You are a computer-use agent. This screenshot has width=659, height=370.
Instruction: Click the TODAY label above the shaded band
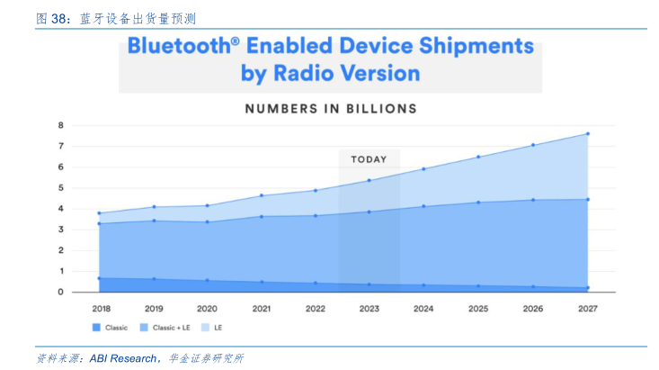point(369,159)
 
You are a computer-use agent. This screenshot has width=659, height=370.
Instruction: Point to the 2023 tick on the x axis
point(369,309)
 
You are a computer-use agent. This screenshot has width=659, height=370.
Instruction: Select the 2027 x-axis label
point(587,309)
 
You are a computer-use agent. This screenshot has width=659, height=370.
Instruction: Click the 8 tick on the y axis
point(61,125)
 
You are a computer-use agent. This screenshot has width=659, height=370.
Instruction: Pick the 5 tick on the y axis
point(61,188)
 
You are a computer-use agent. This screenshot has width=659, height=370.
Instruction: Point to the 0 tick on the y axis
point(61,292)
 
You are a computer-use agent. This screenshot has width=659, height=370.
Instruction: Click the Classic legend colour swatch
point(96,328)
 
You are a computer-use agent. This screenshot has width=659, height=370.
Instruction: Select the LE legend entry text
point(218,328)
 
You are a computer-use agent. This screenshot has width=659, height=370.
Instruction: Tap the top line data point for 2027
point(587,134)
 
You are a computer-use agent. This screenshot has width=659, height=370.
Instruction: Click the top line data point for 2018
point(98,213)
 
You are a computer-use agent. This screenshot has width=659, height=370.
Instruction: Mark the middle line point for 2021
point(262,216)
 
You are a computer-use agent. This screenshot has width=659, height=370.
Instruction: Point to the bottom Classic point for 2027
point(587,288)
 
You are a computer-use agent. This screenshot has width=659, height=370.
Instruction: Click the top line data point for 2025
point(478,157)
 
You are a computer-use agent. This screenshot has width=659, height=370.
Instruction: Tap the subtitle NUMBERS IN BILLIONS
point(331,109)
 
